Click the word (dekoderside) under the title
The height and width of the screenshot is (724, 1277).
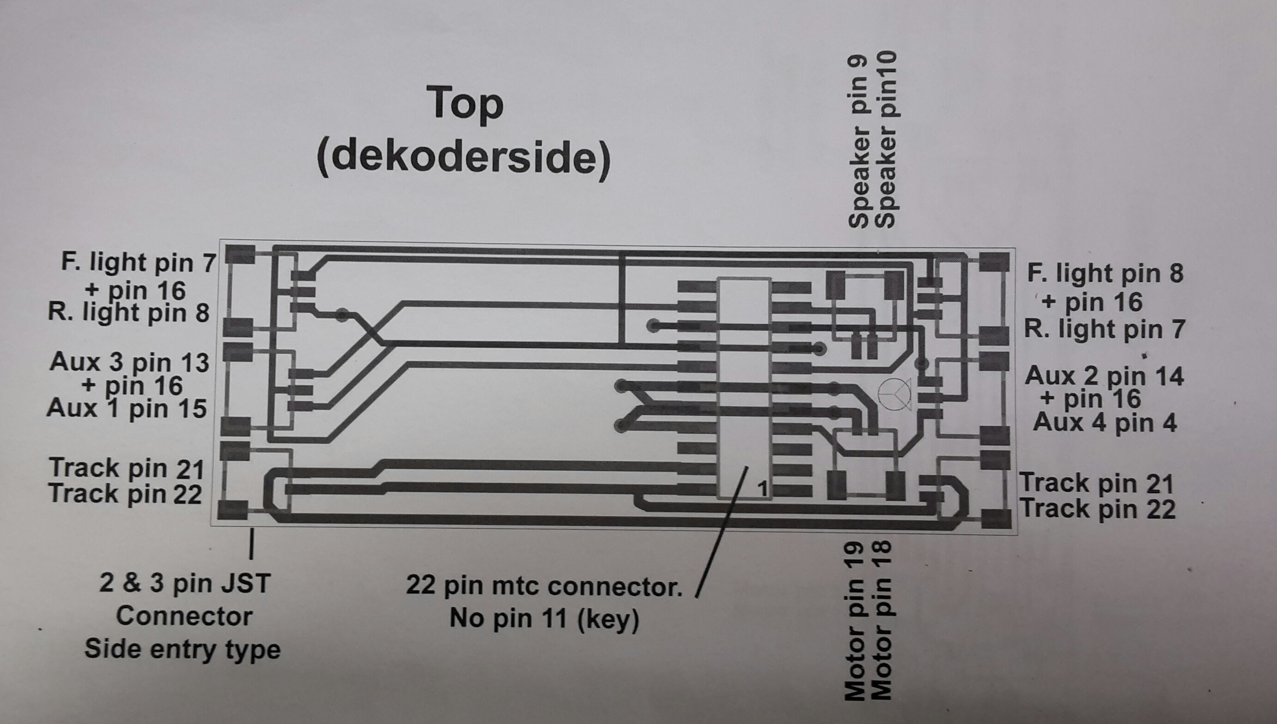463,159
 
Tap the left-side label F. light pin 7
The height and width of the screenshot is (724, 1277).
139,263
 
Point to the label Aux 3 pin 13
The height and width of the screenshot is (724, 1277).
130,362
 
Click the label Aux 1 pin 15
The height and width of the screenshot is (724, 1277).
127,409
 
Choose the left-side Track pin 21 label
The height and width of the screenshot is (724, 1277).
127,468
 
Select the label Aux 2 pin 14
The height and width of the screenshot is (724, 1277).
1104,376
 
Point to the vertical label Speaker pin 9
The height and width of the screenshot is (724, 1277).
858,142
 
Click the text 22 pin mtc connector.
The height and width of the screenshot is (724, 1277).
545,587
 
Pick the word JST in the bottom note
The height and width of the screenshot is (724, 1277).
245,583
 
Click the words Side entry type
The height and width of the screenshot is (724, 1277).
183,649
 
